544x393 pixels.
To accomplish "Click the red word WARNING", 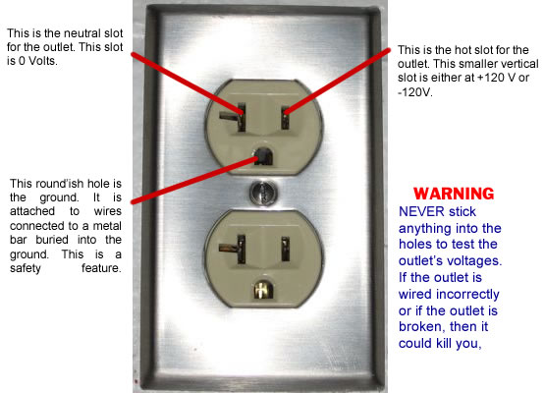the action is (454, 194).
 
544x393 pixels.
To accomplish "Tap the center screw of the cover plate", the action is (264, 192).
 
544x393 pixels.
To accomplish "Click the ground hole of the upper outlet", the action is (263, 156).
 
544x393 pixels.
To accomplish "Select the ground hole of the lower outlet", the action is (263, 289).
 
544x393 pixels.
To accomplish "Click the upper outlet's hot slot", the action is (285, 117).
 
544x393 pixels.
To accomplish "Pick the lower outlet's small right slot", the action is (285, 249).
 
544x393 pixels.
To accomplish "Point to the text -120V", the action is (415, 92).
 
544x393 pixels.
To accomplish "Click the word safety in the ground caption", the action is (26, 268).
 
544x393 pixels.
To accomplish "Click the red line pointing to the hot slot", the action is (337, 82).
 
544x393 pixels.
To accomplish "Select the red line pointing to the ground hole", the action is (195, 180).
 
